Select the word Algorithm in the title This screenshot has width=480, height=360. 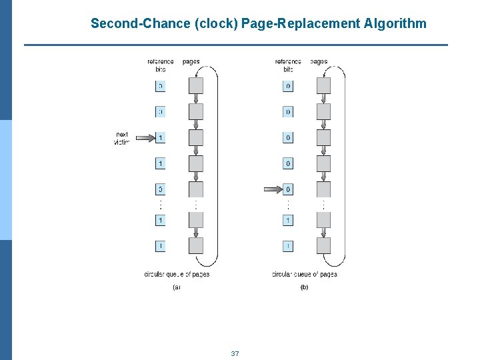[x=395, y=24]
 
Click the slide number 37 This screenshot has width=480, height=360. [x=235, y=353]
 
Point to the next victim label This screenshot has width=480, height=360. [x=122, y=138]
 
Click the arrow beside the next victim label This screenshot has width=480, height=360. [x=145, y=138]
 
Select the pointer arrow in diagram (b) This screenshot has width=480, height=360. [x=273, y=189]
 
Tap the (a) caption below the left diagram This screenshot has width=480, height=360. [x=177, y=287]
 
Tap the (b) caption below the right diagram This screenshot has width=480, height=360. [x=304, y=287]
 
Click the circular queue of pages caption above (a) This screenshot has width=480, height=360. [x=177, y=274]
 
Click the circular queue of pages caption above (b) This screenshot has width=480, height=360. [x=304, y=274]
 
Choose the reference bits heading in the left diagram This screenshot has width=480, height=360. [x=161, y=65]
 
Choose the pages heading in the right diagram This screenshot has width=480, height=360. [x=319, y=62]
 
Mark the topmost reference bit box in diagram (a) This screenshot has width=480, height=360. [x=161, y=86]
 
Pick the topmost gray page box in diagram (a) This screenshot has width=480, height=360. [x=196, y=86]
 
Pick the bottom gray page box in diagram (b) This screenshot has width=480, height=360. [x=323, y=245]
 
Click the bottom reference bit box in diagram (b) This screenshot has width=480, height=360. [x=288, y=246]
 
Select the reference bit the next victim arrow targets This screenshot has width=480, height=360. [x=161, y=138]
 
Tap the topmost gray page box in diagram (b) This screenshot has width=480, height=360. [x=323, y=86]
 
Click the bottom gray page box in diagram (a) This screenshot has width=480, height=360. [x=196, y=245]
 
